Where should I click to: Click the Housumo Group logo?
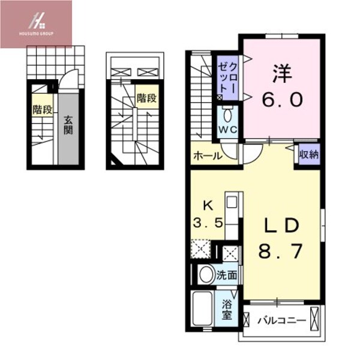36,23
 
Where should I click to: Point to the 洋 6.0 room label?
281,87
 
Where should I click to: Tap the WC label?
227,130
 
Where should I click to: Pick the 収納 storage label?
310,154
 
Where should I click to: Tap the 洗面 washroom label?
226,276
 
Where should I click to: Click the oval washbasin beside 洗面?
206,275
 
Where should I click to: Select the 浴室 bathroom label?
227,311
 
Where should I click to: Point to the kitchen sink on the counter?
232,200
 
